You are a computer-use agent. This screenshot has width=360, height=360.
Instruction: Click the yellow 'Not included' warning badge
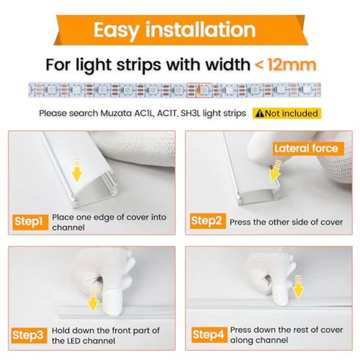[286, 113]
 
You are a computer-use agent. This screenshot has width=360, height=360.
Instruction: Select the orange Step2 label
[206, 222]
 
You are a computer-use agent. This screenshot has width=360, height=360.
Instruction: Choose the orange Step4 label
[208, 335]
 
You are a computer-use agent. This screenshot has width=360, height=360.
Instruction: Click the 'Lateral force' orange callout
[305, 149]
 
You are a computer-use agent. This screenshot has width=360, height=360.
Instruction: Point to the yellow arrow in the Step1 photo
[77, 170]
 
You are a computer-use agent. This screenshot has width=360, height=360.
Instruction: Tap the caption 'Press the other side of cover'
[286, 222]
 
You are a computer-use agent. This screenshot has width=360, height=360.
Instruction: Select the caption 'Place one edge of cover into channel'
[109, 222]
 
